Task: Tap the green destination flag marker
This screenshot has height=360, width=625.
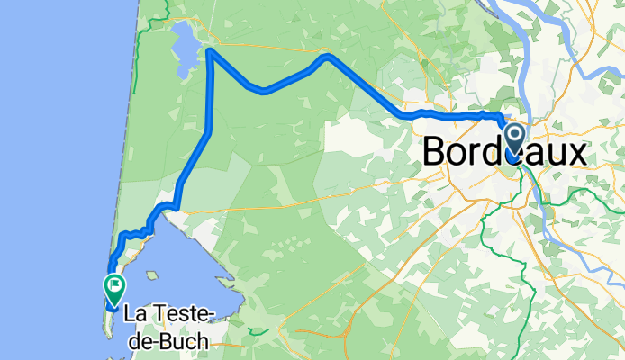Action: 115,288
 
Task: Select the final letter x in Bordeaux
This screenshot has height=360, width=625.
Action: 576,153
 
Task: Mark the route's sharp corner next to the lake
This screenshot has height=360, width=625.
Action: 210,52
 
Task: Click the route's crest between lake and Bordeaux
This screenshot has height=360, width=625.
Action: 326,57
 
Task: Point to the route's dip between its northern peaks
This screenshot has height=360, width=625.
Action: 262,91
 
